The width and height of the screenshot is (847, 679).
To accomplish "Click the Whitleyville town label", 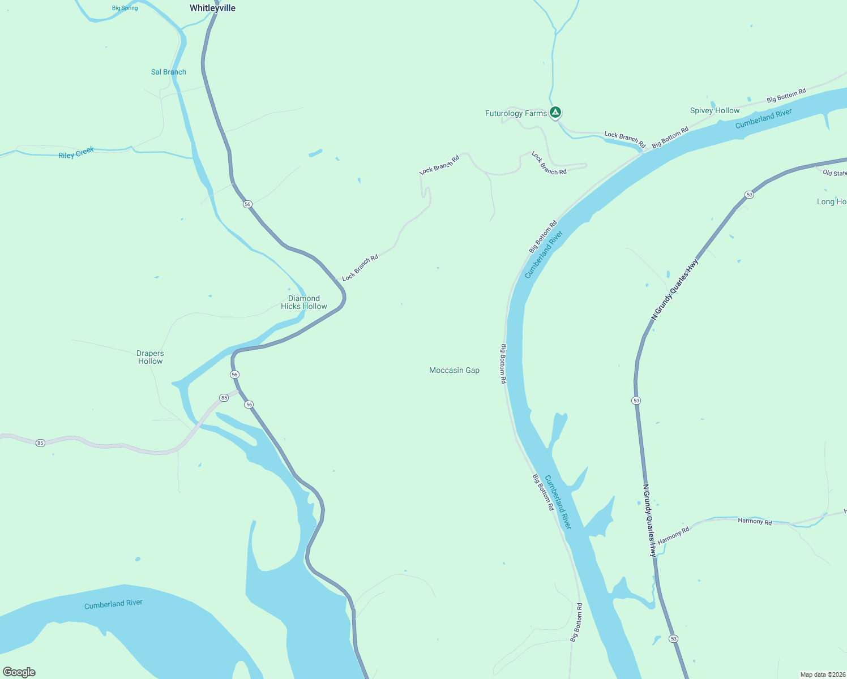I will pyautogui.click(x=212, y=8).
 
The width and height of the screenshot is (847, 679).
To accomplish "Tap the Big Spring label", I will pyautogui.click(x=125, y=8).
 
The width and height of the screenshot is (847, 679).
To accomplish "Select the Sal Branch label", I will pyautogui.click(x=168, y=72).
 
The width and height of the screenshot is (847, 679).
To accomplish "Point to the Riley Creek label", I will pyautogui.click(x=76, y=153).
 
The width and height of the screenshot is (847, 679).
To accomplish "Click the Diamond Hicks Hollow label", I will pyautogui.click(x=304, y=302).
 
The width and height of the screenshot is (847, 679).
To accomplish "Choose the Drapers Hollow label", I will pyautogui.click(x=150, y=357).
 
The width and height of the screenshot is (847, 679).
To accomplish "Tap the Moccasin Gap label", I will pyautogui.click(x=454, y=370).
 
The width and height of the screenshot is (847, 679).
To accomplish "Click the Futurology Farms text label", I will pyautogui.click(x=516, y=113).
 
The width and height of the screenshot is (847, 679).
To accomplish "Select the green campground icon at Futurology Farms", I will pyautogui.click(x=555, y=113).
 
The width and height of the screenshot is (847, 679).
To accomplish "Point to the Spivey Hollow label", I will pyautogui.click(x=715, y=110).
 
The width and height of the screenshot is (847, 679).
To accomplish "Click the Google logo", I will pyautogui.click(x=19, y=672).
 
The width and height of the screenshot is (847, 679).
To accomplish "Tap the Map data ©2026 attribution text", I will pyautogui.click(x=823, y=674).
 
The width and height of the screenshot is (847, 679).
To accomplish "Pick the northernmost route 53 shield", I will pyautogui.click(x=750, y=195).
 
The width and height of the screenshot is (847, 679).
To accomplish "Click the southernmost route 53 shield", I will pyautogui.click(x=673, y=639).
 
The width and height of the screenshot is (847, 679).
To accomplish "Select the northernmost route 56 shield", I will pyautogui.click(x=247, y=204).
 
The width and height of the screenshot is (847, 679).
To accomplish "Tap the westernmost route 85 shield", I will pyautogui.click(x=40, y=443).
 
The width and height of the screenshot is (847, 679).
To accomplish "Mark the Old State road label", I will pyautogui.click(x=835, y=173).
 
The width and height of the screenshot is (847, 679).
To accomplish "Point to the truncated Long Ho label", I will pyautogui.click(x=831, y=201).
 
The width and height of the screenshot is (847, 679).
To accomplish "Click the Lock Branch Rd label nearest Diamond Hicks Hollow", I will pyautogui.click(x=360, y=268).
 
